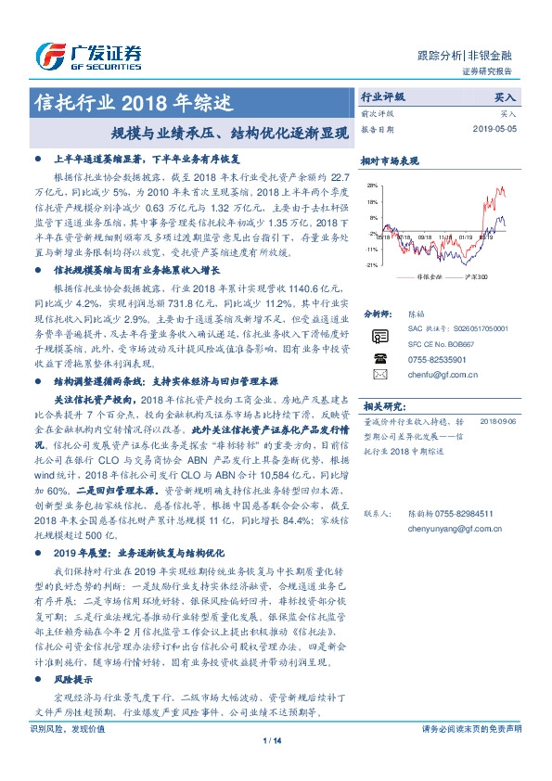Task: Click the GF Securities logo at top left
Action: (88, 56)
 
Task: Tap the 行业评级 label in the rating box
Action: (382, 96)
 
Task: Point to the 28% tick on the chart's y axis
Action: (372, 186)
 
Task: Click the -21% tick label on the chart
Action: (371, 265)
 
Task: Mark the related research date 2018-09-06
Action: (502, 420)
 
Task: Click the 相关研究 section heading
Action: (383, 405)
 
